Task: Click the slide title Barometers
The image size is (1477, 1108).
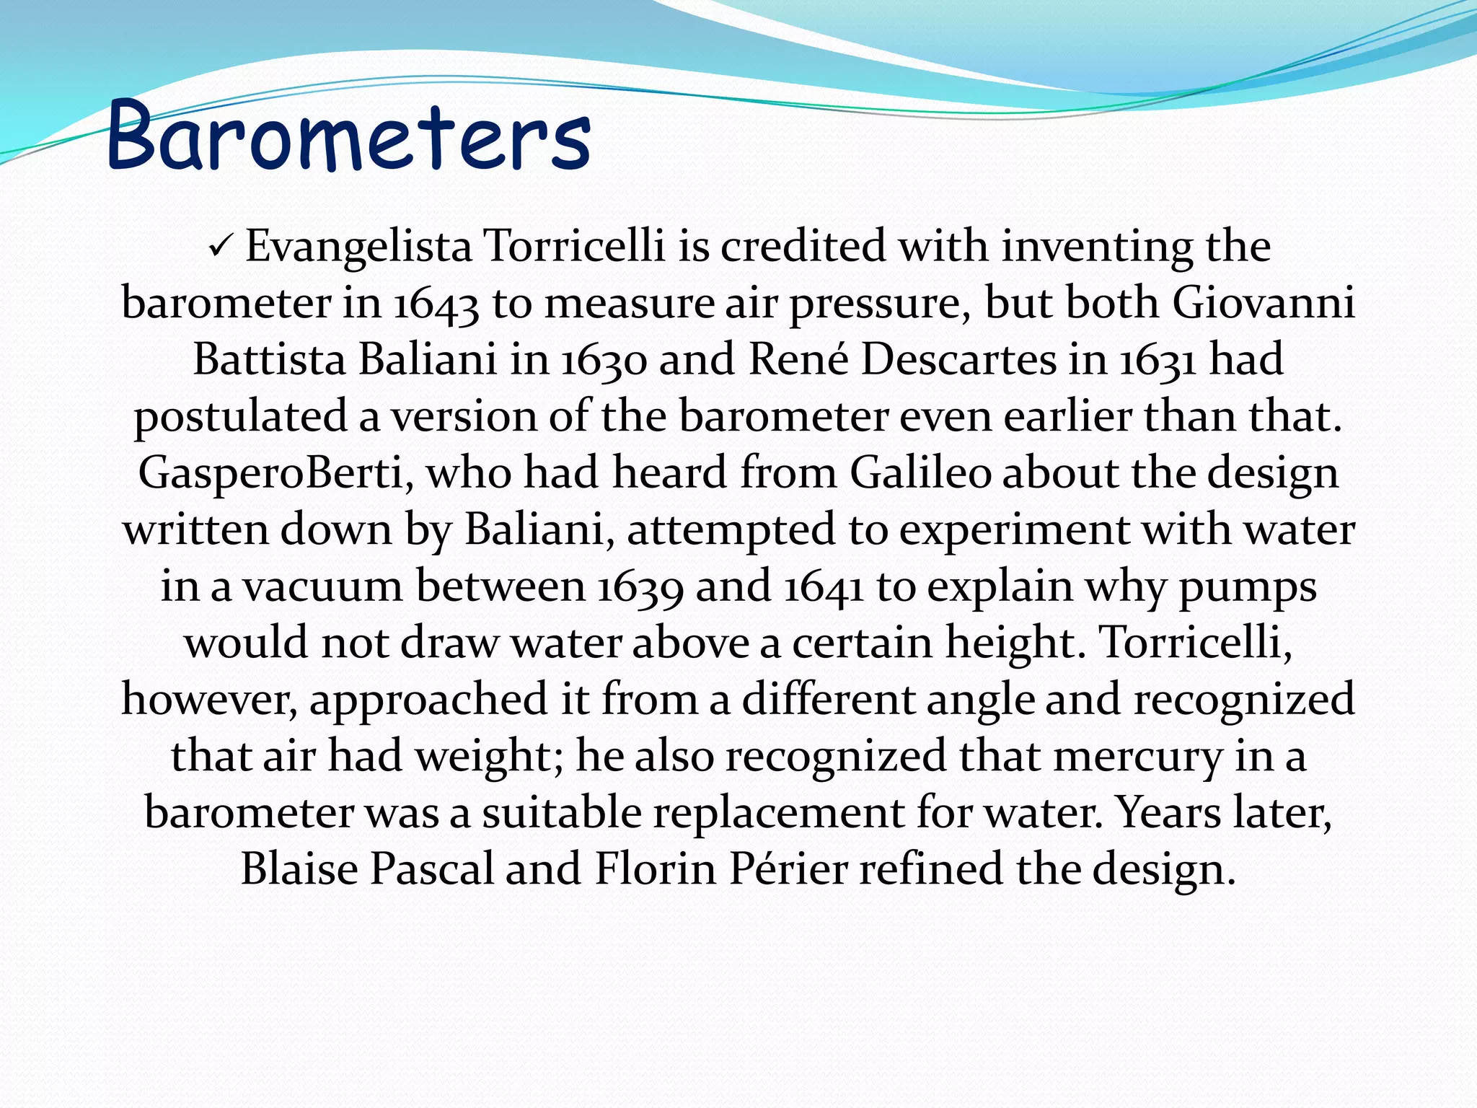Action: (349, 136)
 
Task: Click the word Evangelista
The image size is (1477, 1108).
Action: (358, 247)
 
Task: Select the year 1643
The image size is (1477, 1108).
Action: (437, 304)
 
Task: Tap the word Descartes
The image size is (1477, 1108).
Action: (958, 360)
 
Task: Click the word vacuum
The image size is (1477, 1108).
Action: (322, 586)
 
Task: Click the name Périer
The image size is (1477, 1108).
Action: (788, 869)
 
